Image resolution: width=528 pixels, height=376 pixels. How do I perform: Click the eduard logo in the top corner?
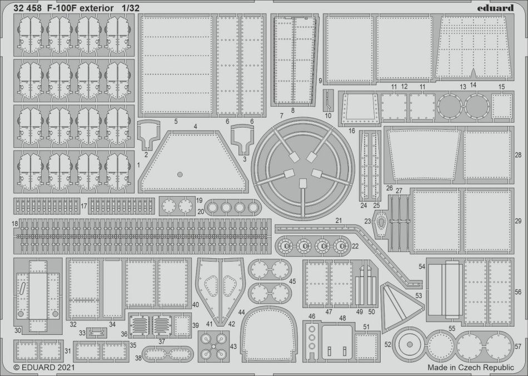pyautogui.click(x=495, y=7)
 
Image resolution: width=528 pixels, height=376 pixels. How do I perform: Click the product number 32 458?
pyautogui.click(x=28, y=8)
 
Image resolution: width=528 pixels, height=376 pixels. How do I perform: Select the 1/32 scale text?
pyautogui.click(x=131, y=8)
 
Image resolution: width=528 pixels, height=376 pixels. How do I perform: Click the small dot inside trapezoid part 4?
pyautogui.click(x=180, y=174)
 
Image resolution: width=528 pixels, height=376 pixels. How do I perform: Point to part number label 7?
pyautogui.click(x=282, y=116)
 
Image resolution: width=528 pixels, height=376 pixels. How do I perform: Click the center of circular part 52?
pyautogui.click(x=410, y=344)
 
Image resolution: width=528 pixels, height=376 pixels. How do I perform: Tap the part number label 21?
pyautogui.click(x=338, y=220)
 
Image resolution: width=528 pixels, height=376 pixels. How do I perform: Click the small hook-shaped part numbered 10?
pyautogui.click(x=328, y=101)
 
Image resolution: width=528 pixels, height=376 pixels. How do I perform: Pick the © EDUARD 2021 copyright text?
pyautogui.click(x=44, y=367)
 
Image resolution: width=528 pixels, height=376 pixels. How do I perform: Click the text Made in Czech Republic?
pyautogui.click(x=471, y=367)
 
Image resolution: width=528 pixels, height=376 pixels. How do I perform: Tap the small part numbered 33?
pyautogui.click(x=96, y=333)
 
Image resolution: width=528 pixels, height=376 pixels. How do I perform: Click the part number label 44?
pyautogui.click(x=241, y=312)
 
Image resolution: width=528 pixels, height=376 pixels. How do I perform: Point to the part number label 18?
pyautogui.click(x=14, y=224)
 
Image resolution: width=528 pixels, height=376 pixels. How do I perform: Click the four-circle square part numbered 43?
pyautogui.click(x=213, y=346)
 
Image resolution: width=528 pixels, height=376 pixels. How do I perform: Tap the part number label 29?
pyautogui.click(x=518, y=221)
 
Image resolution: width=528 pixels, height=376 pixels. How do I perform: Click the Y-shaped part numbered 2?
pyautogui.click(x=148, y=135)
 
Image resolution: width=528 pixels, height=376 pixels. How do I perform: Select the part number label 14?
pyautogui.click(x=473, y=85)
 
